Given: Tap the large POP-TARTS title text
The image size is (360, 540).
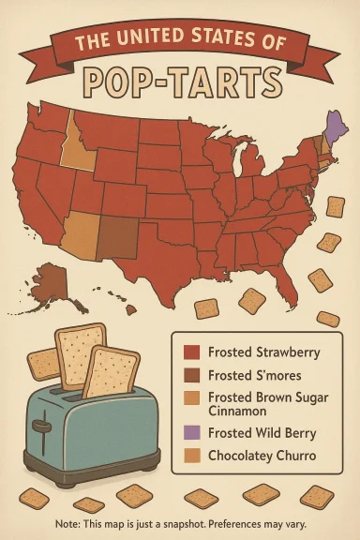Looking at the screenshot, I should tap(180, 79).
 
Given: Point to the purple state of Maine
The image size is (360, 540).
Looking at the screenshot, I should tap(333, 127).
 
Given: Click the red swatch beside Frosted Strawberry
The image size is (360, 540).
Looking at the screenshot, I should tap(192, 353).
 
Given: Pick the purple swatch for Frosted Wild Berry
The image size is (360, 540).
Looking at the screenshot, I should tap(192, 432).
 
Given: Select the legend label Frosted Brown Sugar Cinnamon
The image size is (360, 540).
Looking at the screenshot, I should tap(267, 405).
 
